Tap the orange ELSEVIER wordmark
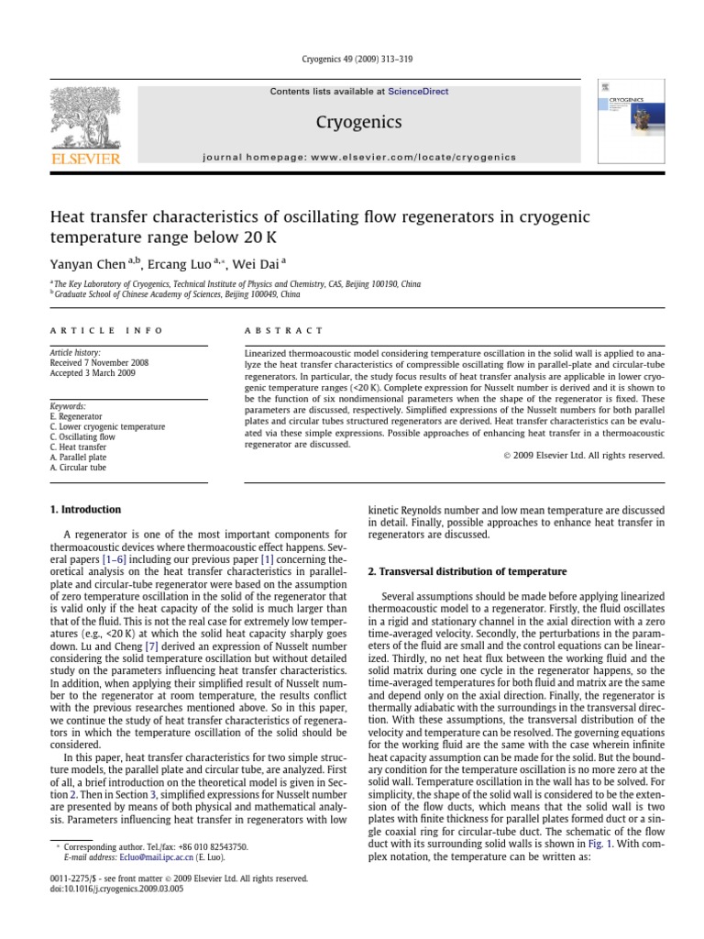tap(84, 160)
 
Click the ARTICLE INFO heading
tap(106, 330)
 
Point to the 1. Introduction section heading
tap(85, 510)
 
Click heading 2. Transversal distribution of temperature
tap(467, 570)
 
